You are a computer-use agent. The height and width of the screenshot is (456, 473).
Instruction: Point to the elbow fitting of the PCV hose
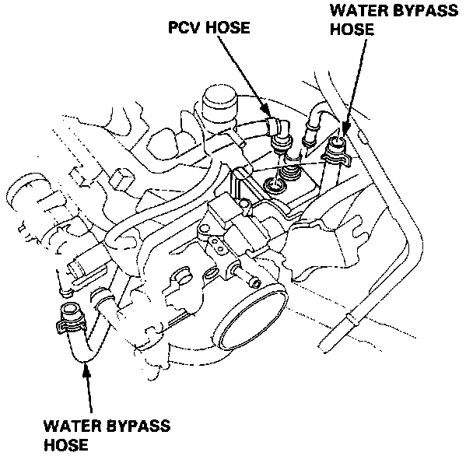pyautogui.click(x=276, y=128)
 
